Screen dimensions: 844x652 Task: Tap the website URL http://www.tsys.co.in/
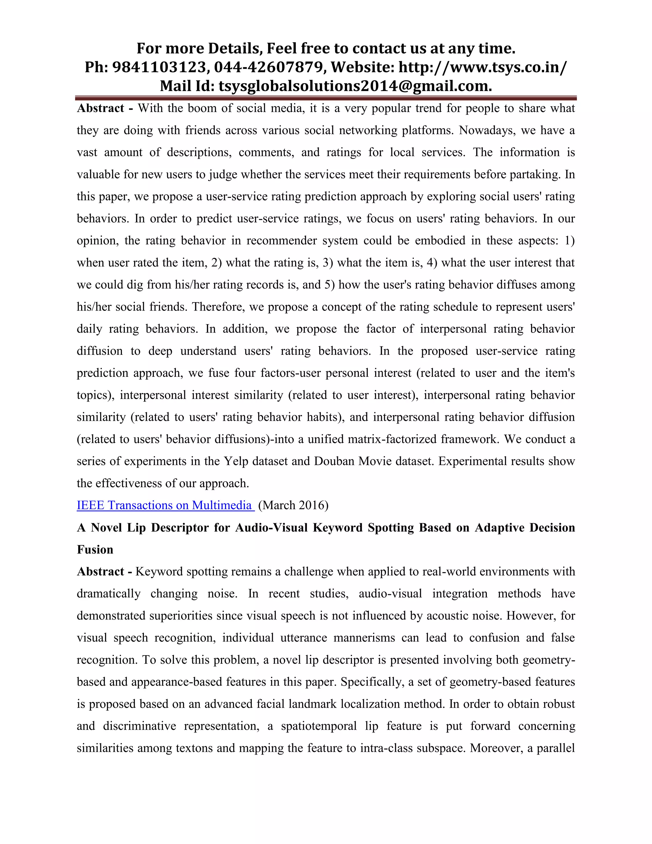(x=483, y=67)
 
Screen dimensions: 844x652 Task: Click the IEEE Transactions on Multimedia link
(x=165, y=505)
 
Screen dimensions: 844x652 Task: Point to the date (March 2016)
(x=293, y=505)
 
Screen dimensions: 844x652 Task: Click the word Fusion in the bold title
(x=95, y=549)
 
